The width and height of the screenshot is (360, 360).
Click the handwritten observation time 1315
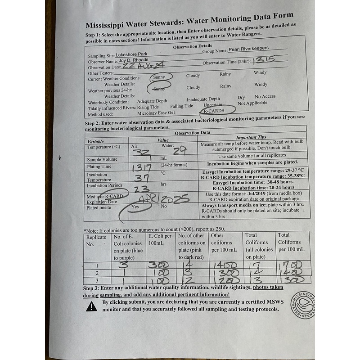(265, 61)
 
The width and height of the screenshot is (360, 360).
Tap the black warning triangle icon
(91, 306)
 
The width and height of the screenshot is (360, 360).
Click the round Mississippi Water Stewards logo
(302, 304)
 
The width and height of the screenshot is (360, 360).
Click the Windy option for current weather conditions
(260, 72)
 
